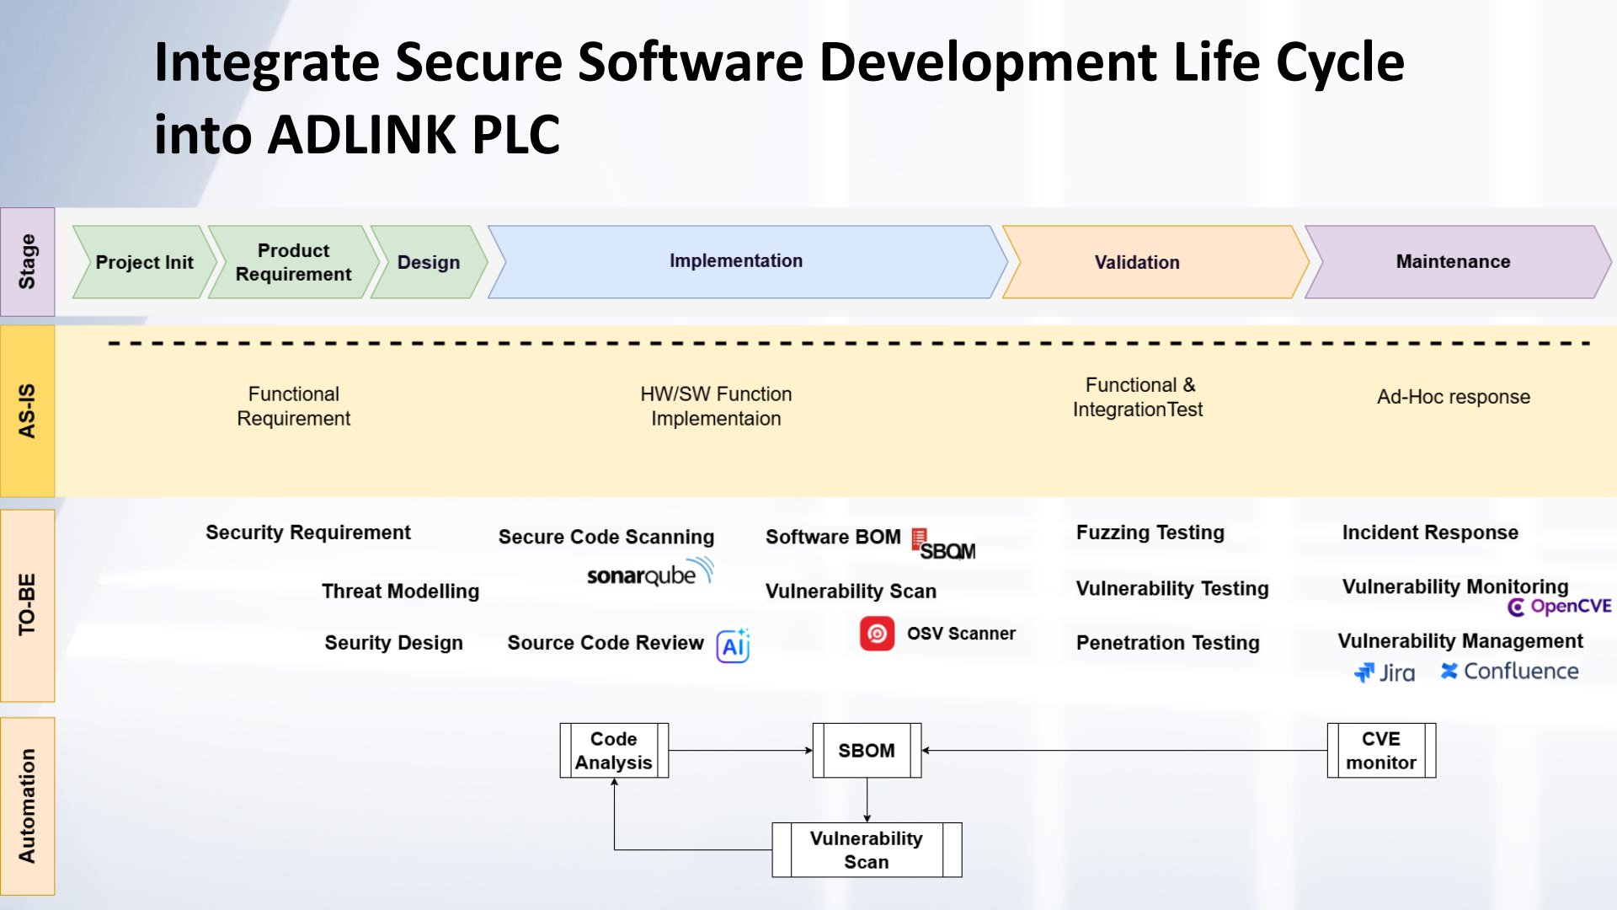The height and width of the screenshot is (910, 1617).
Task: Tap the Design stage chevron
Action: click(x=430, y=262)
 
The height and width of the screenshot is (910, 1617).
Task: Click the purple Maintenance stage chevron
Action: click(x=1458, y=262)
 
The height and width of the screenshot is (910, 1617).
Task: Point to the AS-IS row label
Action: click(x=27, y=411)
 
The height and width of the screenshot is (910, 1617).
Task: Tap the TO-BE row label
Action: click(x=27, y=605)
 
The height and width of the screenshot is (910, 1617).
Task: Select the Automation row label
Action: click(x=27, y=806)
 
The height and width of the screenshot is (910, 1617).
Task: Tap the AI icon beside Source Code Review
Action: click(x=733, y=645)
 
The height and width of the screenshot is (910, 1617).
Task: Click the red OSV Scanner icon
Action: click(x=877, y=634)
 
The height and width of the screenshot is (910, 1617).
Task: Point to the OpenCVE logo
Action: click(x=1559, y=607)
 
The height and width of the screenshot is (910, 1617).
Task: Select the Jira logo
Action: click(x=1385, y=672)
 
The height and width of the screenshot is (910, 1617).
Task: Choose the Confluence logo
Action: click(x=1509, y=672)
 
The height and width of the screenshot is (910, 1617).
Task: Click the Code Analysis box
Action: click(x=614, y=750)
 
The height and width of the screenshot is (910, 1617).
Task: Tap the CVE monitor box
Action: click(x=1381, y=750)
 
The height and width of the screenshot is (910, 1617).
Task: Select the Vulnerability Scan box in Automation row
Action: click(x=867, y=849)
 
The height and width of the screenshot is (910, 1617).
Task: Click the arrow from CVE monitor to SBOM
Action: click(x=1124, y=750)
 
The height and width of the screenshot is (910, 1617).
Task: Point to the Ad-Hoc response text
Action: click(x=1454, y=397)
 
